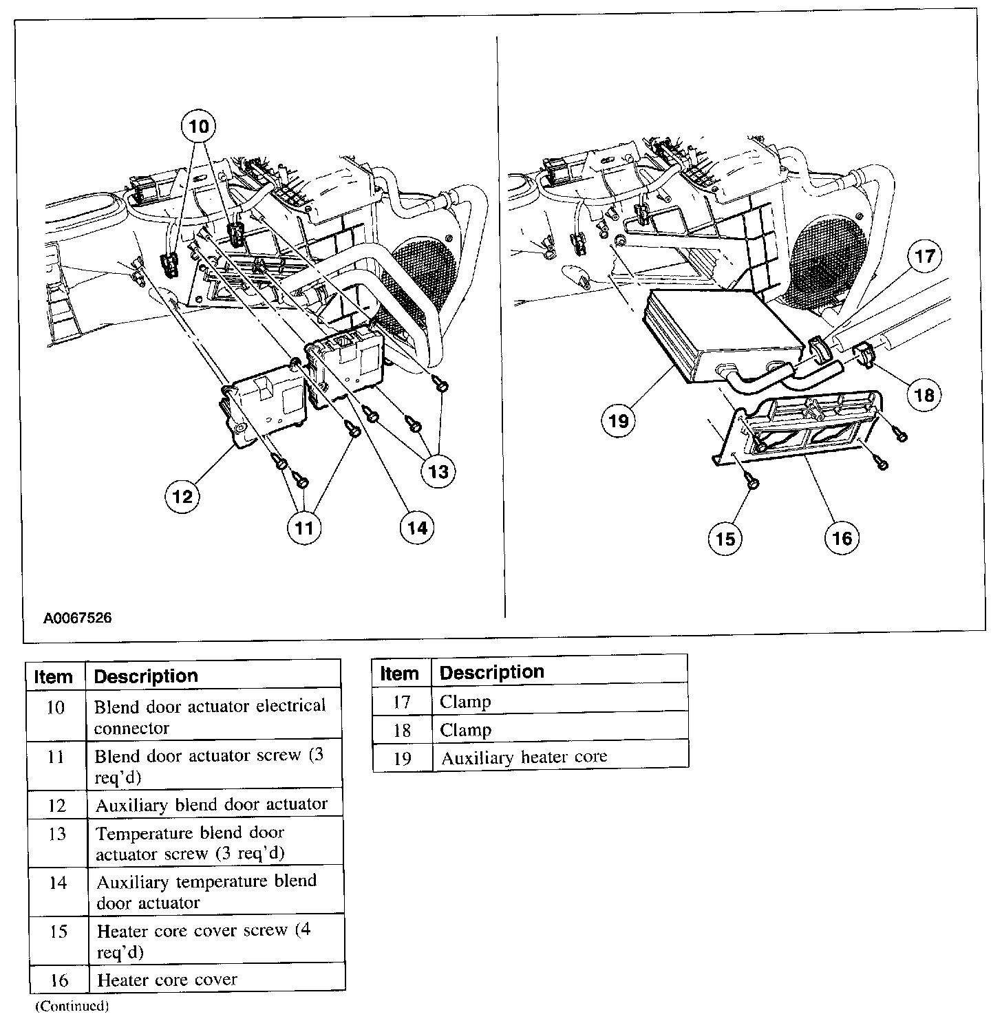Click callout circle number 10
pos(198,127)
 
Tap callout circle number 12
pos(183,495)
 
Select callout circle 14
pos(417,528)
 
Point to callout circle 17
pos(925,257)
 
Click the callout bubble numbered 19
pos(619,420)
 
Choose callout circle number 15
pos(726,539)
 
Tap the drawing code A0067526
pos(77,618)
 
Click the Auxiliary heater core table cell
pos(524,757)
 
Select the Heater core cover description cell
pos(167,980)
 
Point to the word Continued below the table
pos(72,1006)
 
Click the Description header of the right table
pos(491,672)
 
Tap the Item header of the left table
pos(54,676)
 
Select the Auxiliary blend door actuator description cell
pos(211,804)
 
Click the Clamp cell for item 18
pos(465,730)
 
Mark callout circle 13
pos(438,471)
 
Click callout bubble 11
pos(304,528)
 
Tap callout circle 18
pos(925,394)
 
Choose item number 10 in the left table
pos(56,707)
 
